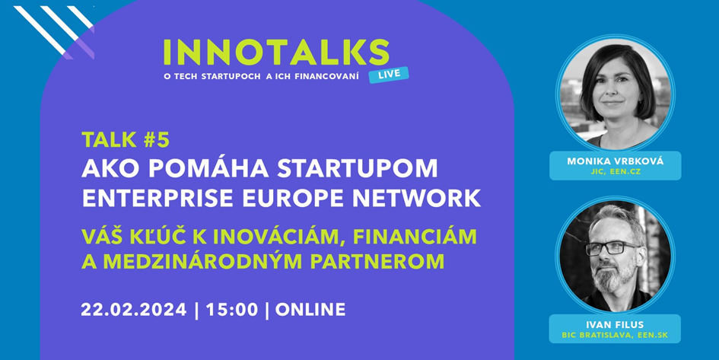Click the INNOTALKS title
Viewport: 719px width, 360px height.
pyautogui.click(x=276, y=53)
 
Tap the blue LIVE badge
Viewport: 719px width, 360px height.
pyautogui.click(x=388, y=75)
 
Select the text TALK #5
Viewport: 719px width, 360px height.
pyautogui.click(x=126, y=140)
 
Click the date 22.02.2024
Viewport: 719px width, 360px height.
pyautogui.click(x=134, y=310)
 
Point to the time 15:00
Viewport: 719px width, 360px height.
pyautogui.click(x=231, y=310)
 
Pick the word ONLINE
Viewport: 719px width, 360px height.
pyautogui.click(x=310, y=310)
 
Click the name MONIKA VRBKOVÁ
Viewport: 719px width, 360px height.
pyautogui.click(x=616, y=161)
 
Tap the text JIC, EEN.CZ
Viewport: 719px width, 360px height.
pyautogui.click(x=616, y=172)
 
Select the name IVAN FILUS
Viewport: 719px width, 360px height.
pyautogui.click(x=615, y=325)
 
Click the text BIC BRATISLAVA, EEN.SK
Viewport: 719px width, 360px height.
pyautogui.click(x=615, y=335)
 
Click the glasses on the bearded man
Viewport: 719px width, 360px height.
pyautogui.click(x=612, y=248)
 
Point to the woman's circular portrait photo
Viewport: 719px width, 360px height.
pyautogui.click(x=616, y=93)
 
